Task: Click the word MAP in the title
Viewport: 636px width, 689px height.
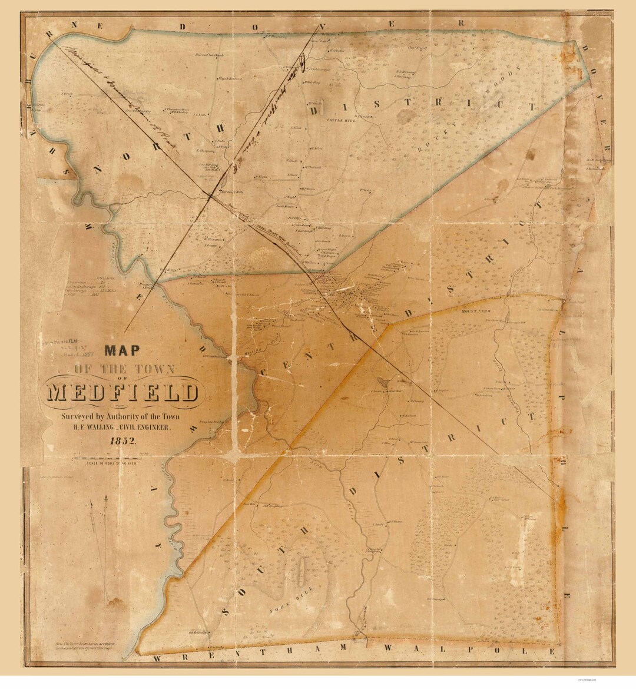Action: (x=122, y=351)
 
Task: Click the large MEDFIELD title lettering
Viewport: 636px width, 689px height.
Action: (x=122, y=392)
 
